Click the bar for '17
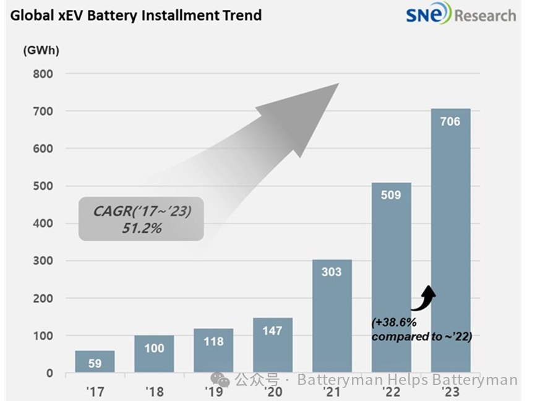point(95,361)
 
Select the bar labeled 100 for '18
point(154,354)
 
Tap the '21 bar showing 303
point(332,316)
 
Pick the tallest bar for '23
point(450,241)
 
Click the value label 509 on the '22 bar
point(391,196)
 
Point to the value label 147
point(272,330)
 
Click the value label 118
point(213,341)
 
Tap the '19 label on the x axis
point(213,391)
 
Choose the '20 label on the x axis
point(272,391)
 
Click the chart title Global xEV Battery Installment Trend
point(136,15)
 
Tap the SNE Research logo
point(461,14)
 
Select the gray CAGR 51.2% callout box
point(141,219)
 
